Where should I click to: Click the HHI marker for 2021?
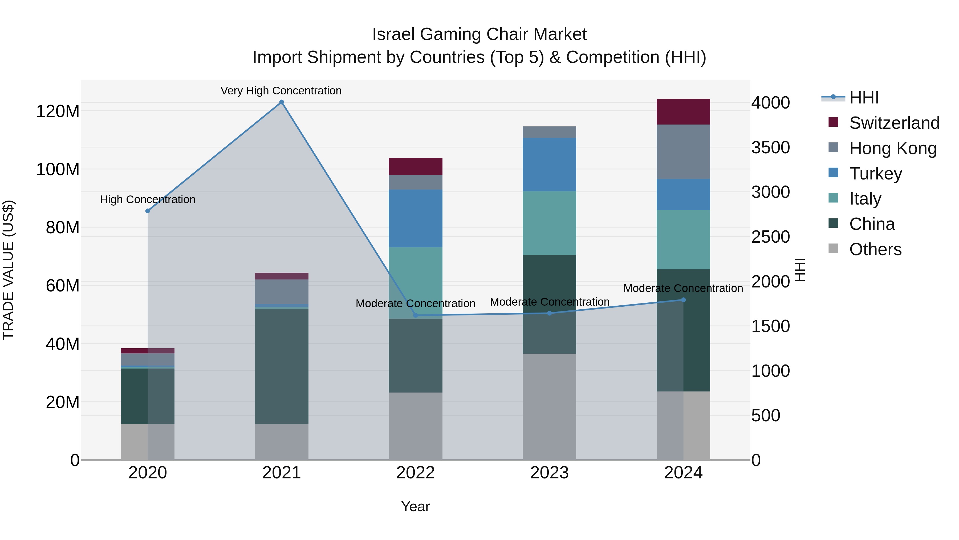[x=282, y=102]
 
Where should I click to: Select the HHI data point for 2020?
[x=148, y=211]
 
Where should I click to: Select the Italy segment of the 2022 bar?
[x=416, y=282]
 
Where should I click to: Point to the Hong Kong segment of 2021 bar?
[x=282, y=291]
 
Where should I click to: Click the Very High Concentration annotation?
[x=281, y=91]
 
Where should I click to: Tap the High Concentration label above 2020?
[x=148, y=199]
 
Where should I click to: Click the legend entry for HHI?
[x=864, y=98]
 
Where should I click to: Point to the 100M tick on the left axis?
[x=58, y=170]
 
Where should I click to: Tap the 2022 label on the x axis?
[x=416, y=473]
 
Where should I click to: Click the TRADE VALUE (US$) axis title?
[x=8, y=270]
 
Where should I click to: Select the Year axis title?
[x=416, y=506]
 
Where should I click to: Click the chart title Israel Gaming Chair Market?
[x=479, y=34]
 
